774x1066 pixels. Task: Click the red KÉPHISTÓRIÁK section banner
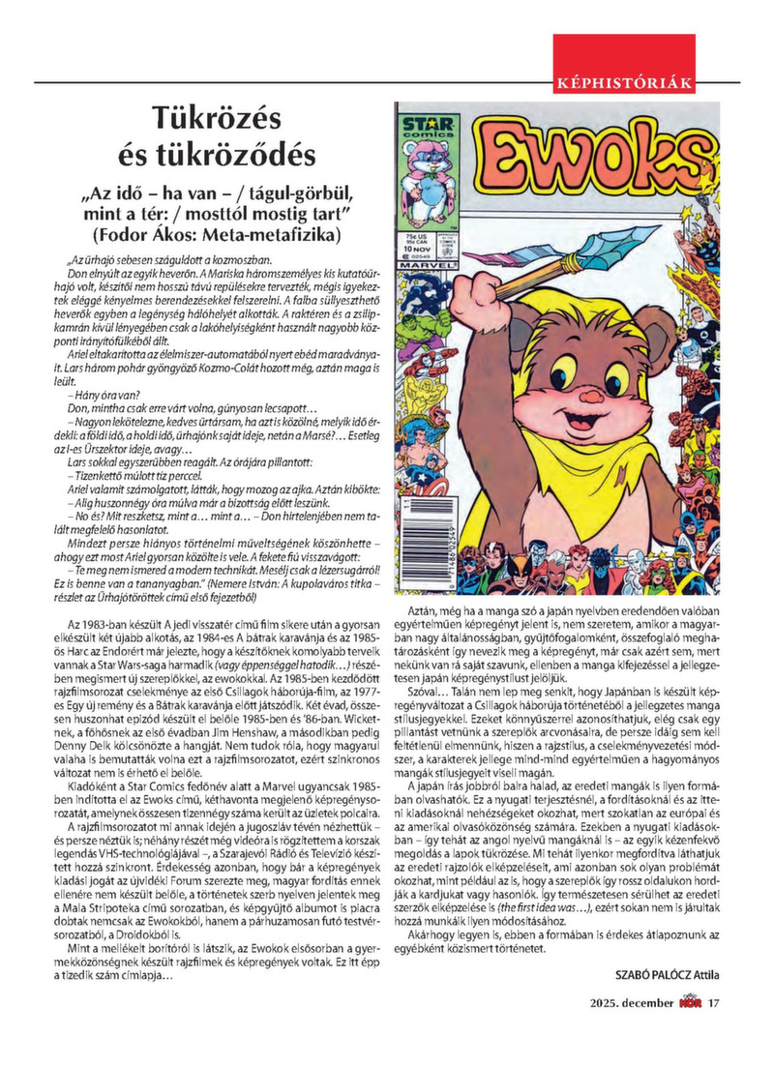point(624,80)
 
